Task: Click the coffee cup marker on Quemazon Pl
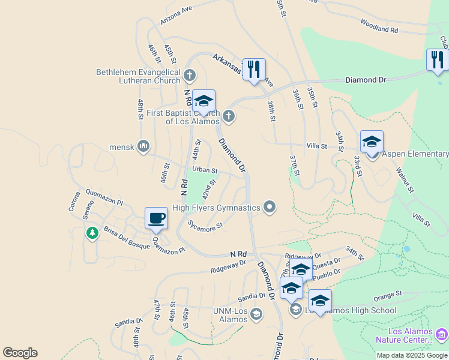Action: click(156, 218)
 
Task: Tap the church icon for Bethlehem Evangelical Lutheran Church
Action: click(190, 76)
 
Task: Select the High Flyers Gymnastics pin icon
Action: click(270, 208)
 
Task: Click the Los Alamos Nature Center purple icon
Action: click(442, 334)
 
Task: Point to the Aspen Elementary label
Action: click(415, 154)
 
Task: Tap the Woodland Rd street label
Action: click(379, 26)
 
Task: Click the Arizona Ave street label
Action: click(176, 16)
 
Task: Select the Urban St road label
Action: click(205, 170)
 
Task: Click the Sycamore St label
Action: click(205, 226)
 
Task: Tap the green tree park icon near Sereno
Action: click(92, 232)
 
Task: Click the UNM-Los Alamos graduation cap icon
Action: click(256, 314)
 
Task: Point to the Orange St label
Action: click(387, 295)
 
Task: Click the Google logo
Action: click(20, 353)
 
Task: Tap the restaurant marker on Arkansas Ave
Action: click(254, 70)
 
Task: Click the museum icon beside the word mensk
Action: click(143, 146)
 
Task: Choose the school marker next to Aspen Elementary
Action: click(372, 142)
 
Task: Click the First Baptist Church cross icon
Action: click(228, 116)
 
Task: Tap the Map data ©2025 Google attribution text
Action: click(411, 355)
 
